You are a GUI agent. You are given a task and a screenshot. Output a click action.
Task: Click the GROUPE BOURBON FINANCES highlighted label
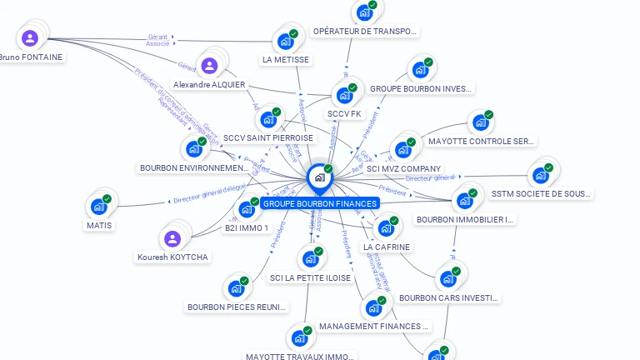(x=319, y=203)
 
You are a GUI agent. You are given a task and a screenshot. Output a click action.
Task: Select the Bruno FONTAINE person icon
(x=30, y=37)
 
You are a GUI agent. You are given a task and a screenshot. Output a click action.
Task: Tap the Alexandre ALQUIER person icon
(x=209, y=65)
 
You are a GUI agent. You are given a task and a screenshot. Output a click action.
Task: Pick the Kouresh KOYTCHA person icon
(x=172, y=239)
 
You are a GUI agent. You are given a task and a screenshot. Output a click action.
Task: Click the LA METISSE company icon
(x=286, y=41)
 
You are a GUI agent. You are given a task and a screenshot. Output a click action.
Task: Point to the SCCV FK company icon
(x=344, y=95)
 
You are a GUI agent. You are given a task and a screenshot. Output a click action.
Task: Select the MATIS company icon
(x=99, y=206)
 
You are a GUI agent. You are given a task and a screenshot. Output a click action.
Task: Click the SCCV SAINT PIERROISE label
(x=268, y=138)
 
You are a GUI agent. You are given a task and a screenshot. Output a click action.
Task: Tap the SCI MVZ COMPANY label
(x=403, y=168)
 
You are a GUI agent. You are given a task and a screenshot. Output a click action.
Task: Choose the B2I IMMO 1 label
(x=246, y=227)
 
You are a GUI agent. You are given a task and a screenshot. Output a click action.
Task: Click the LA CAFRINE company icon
(x=386, y=228)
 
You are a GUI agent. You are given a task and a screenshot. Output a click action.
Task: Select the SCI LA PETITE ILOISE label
(x=310, y=277)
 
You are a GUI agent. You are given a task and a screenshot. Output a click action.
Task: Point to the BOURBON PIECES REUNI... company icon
(x=237, y=288)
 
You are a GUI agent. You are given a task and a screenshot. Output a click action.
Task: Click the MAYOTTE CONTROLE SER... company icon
(x=481, y=123)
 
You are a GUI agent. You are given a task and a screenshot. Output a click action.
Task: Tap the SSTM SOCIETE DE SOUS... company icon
(x=541, y=175)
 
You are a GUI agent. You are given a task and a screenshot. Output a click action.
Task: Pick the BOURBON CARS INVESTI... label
(x=448, y=297)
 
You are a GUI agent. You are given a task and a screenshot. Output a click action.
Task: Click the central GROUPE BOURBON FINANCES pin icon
(x=319, y=177)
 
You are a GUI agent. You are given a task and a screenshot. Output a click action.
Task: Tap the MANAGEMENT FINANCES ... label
(x=373, y=326)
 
